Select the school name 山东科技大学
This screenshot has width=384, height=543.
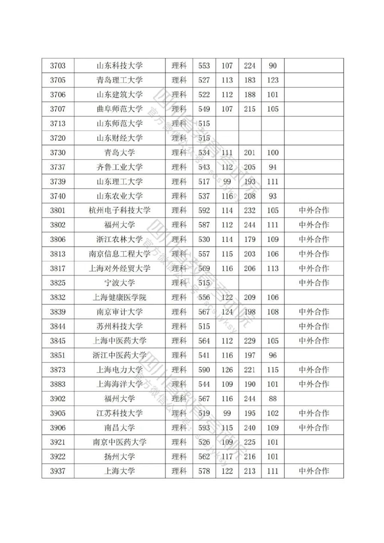click(x=120, y=66)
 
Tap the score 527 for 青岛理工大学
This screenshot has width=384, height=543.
click(x=204, y=80)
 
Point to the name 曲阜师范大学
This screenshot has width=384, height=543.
click(x=120, y=109)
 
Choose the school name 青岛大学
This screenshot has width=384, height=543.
click(x=120, y=153)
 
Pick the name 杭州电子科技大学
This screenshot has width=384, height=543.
click(x=120, y=210)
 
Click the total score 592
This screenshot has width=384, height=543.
click(x=204, y=210)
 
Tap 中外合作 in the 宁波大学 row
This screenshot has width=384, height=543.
click(x=314, y=283)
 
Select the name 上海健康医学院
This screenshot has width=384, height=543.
click(x=120, y=297)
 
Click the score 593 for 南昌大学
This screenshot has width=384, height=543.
click(x=204, y=428)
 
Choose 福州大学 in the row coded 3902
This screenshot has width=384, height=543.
click(x=120, y=398)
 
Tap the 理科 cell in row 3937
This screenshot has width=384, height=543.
click(x=179, y=471)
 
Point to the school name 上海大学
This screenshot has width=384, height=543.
click(x=120, y=471)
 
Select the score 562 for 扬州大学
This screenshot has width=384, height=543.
click(x=204, y=457)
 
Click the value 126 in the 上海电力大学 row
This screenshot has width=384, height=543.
click(x=227, y=370)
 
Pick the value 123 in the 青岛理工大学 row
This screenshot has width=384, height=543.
click(x=273, y=80)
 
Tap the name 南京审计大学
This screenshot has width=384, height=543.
click(x=120, y=312)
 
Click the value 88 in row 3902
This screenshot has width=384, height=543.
click(x=273, y=398)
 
